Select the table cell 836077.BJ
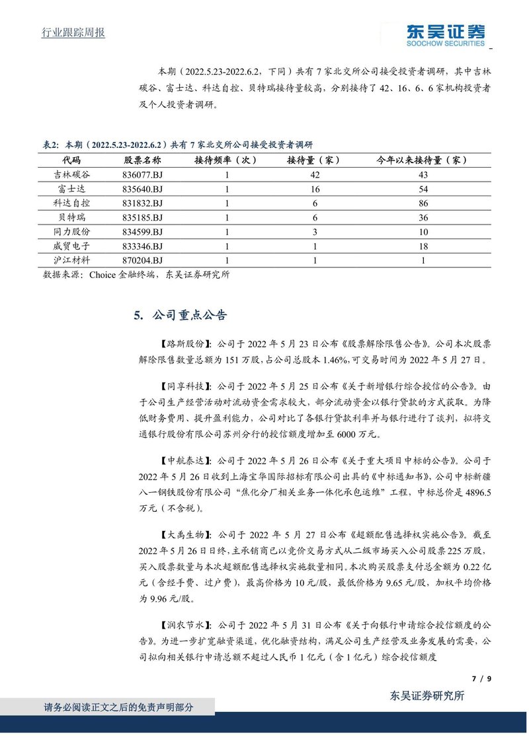point(143,174)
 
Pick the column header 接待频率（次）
point(225,160)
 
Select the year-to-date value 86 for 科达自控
point(423,203)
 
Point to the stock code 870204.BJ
point(143,261)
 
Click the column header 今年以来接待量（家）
point(423,160)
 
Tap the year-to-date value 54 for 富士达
point(423,189)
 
